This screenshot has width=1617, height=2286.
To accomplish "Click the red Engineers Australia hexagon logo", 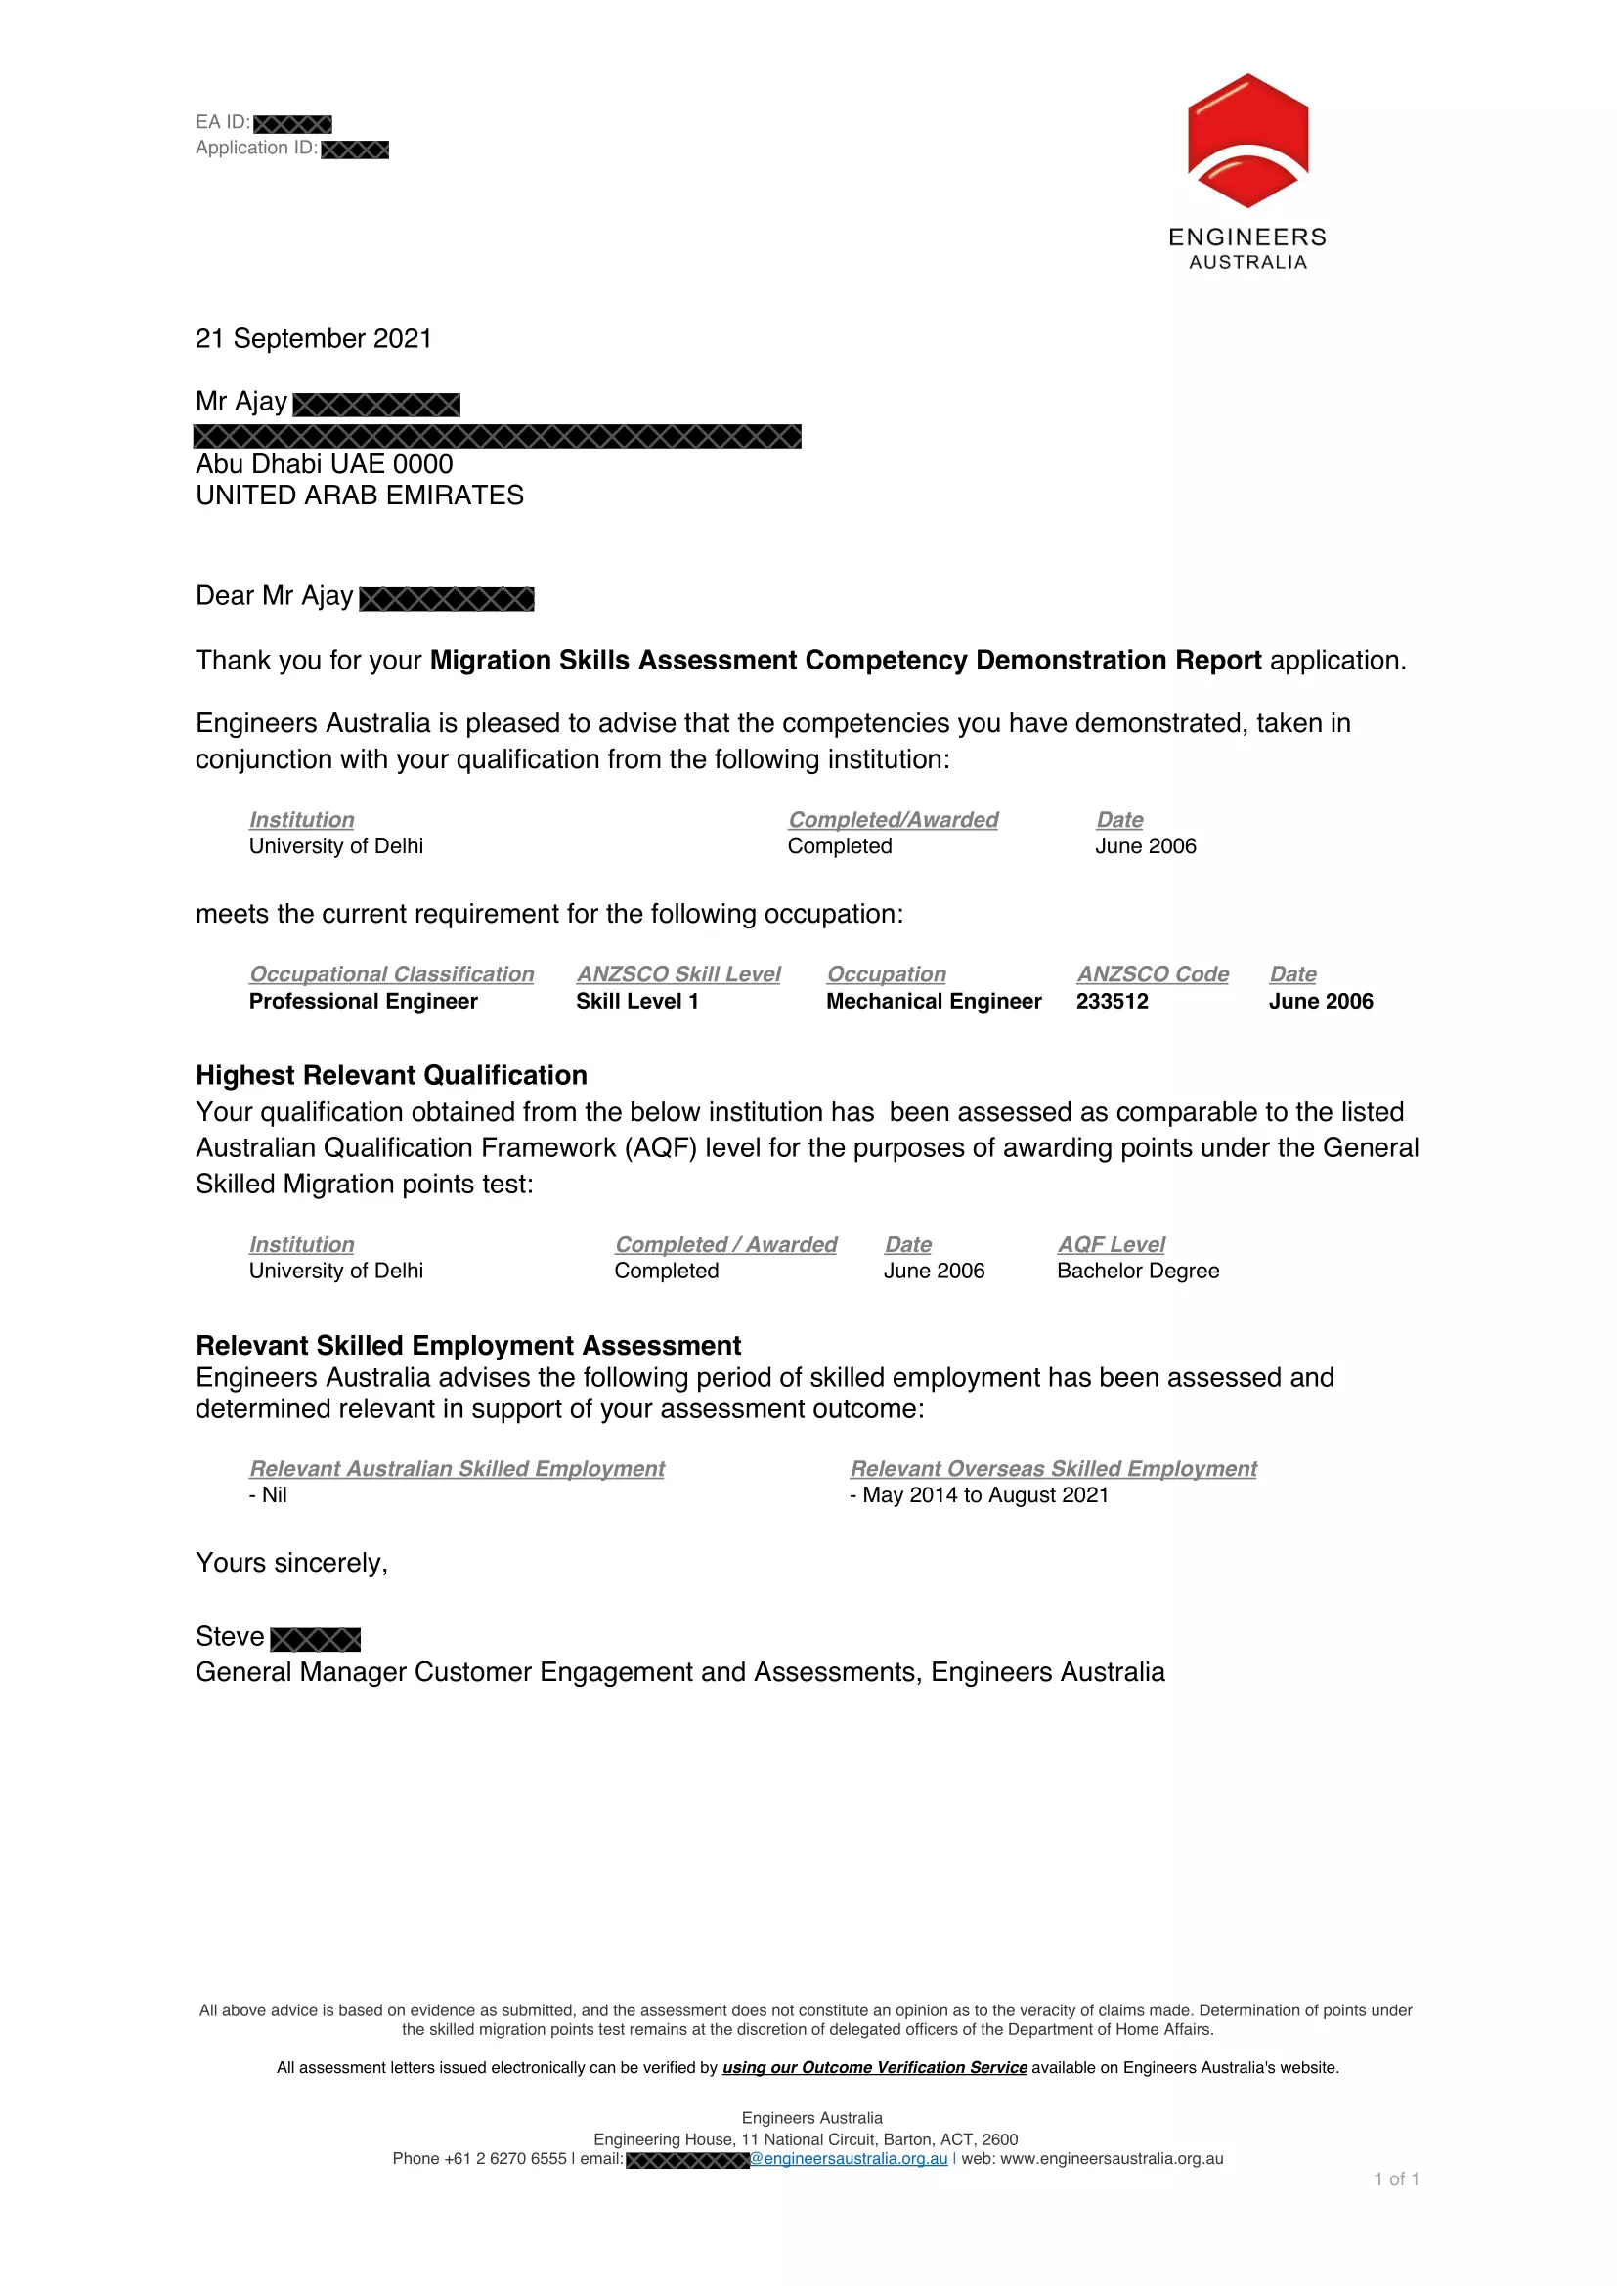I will tap(1247, 141).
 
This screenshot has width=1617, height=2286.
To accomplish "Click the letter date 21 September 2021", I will tap(314, 339).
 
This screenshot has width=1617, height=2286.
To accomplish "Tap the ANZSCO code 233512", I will tap(1112, 1002).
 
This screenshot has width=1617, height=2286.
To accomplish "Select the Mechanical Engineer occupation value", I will tap(933, 1002).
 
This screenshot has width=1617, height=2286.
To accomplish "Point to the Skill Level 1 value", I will tap(637, 1002).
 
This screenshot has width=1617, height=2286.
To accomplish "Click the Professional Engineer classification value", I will tap(364, 1002).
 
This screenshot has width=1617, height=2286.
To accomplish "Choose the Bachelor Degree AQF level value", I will tap(1137, 1272).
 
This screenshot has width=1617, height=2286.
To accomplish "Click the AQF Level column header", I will tap(1111, 1245).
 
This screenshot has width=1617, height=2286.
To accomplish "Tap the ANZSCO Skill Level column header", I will tap(678, 974).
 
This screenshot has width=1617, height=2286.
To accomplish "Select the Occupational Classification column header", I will tap(391, 974).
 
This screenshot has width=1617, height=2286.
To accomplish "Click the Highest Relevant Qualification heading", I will tap(391, 1076).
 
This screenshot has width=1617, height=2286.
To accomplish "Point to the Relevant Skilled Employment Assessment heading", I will tap(468, 1346).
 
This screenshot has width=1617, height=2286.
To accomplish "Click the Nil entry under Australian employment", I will tap(270, 1495).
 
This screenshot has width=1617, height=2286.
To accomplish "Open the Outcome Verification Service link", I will tap(874, 2068).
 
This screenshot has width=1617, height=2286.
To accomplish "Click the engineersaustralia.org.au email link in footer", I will tap(850, 2159).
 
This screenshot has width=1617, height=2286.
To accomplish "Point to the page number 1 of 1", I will tap(1396, 2179).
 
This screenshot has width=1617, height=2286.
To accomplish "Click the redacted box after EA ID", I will tap(292, 124).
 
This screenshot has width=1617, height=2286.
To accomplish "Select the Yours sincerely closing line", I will tap(291, 1563).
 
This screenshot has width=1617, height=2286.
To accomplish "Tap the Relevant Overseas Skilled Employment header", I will tap(1053, 1470).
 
